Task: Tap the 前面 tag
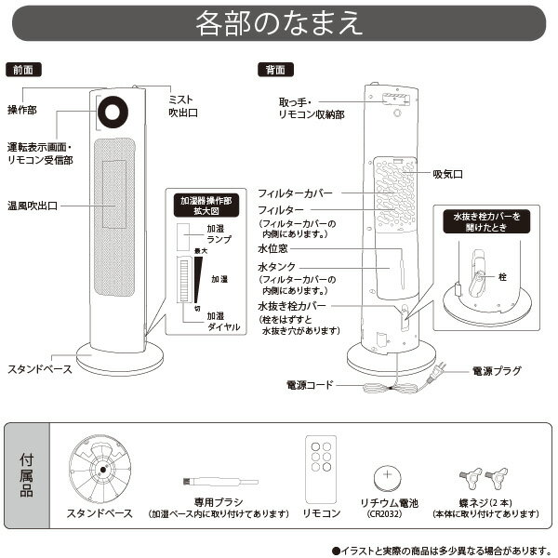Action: point(23,70)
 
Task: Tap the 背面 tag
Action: point(274,70)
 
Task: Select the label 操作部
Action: point(22,109)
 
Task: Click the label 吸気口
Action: point(447,174)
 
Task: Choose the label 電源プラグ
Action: point(495,371)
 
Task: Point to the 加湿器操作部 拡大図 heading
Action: point(208,204)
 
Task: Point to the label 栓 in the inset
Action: point(502,277)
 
